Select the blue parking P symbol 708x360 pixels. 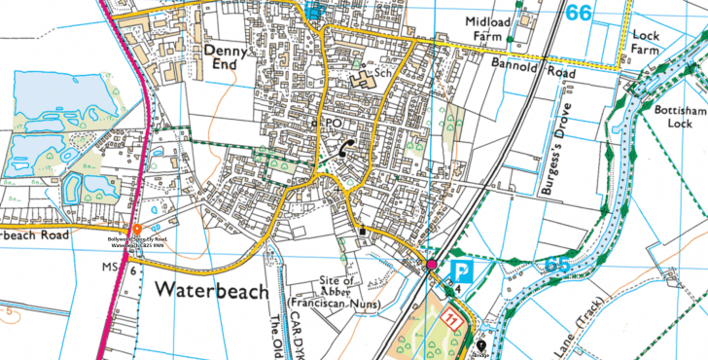460,273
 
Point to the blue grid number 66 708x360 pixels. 579,12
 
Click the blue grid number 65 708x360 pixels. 557,264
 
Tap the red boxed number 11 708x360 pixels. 450,318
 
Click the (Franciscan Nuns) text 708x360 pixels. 334,304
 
